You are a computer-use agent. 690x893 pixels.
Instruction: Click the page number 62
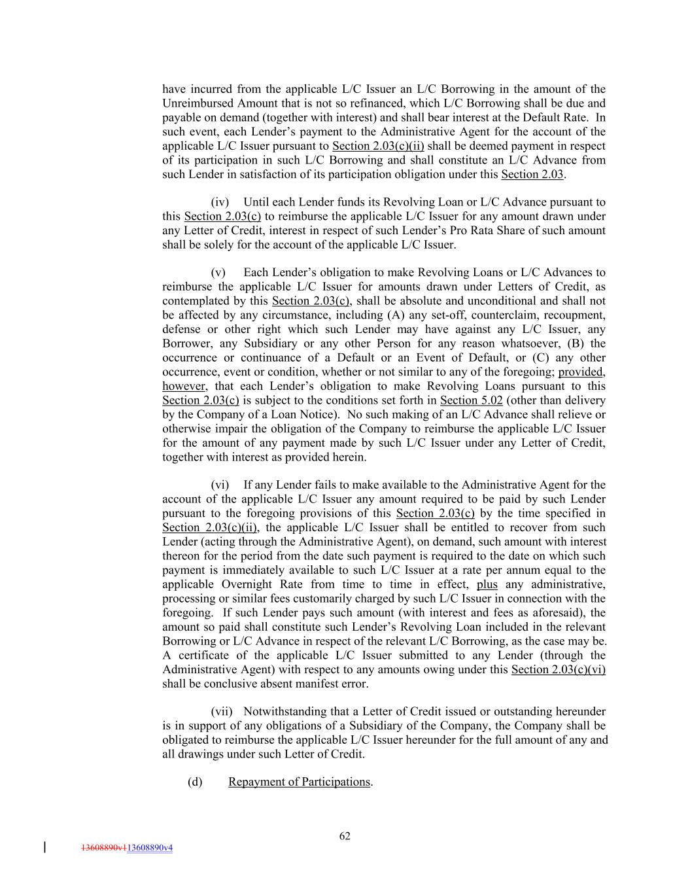[345, 835]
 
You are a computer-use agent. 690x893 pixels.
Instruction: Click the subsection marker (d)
[195, 782]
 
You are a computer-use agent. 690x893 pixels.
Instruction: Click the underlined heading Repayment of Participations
[299, 782]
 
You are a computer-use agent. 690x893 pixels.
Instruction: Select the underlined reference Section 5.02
[471, 400]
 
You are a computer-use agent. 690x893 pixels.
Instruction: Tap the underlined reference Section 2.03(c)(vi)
[558, 669]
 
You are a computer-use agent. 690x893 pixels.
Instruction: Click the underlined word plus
[487, 584]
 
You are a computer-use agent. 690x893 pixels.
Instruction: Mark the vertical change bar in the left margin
[44, 847]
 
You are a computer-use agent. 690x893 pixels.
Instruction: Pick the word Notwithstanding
[284, 711]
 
